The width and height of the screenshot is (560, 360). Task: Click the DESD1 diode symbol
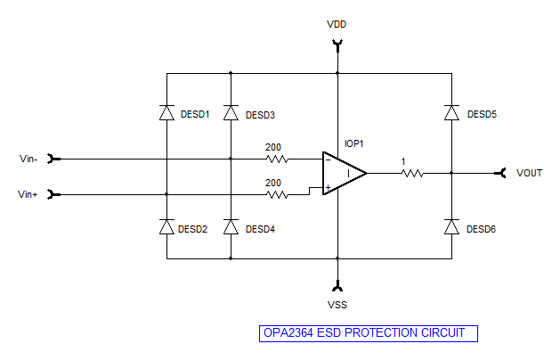(x=166, y=113)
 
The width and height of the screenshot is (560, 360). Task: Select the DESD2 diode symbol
(x=166, y=227)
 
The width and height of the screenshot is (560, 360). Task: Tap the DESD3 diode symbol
(x=231, y=113)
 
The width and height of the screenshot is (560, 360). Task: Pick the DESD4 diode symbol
(x=231, y=227)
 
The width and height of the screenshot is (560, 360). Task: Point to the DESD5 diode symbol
(x=451, y=113)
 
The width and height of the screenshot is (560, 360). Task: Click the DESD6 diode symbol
(x=451, y=227)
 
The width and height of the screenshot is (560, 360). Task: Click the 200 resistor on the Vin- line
(x=277, y=160)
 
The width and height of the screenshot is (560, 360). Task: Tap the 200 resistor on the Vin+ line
(x=277, y=195)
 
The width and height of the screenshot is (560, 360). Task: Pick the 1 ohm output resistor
(x=412, y=174)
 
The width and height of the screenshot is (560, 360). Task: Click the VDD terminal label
(x=337, y=24)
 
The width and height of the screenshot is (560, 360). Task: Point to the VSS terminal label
(x=337, y=305)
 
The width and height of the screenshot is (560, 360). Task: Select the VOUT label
(x=530, y=173)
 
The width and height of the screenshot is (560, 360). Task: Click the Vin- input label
(x=28, y=159)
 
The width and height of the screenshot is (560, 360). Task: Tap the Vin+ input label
(x=28, y=194)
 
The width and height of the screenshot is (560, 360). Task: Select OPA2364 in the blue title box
(x=288, y=333)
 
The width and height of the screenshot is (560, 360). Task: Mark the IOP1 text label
(x=354, y=143)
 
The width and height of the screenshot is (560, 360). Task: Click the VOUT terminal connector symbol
(x=500, y=174)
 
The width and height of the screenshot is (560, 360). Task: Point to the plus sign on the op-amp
(x=328, y=188)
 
